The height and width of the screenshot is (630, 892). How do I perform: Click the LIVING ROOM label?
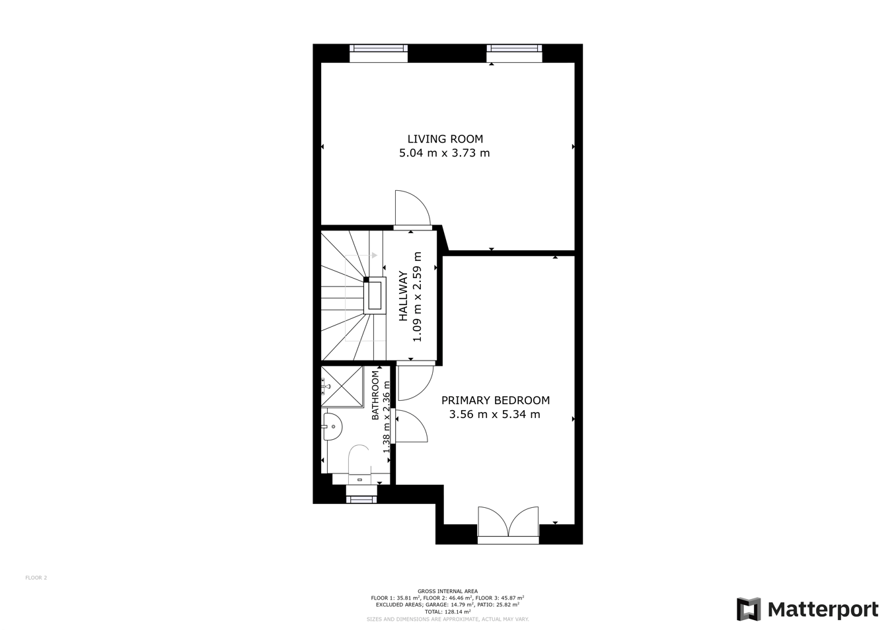point(445,139)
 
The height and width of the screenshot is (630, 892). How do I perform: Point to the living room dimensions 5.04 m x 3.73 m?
point(445,153)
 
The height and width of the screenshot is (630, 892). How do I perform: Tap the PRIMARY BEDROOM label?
point(496,400)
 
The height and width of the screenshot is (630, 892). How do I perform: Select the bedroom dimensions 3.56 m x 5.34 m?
point(495,415)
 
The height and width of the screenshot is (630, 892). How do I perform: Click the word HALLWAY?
point(403,297)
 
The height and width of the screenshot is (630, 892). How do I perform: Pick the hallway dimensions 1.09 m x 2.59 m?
point(417,297)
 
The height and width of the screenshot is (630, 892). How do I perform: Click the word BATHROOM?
point(375,395)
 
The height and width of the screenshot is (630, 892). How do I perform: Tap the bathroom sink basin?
point(332,427)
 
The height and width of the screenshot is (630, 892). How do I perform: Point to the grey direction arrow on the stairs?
point(374,256)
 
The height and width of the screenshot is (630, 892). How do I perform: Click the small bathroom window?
point(361,499)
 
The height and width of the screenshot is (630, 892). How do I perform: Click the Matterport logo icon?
point(749,609)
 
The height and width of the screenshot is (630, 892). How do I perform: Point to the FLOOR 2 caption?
point(36,578)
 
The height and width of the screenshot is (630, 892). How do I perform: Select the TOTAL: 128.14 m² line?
point(447,612)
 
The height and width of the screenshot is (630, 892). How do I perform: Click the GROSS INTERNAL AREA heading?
point(447,591)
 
